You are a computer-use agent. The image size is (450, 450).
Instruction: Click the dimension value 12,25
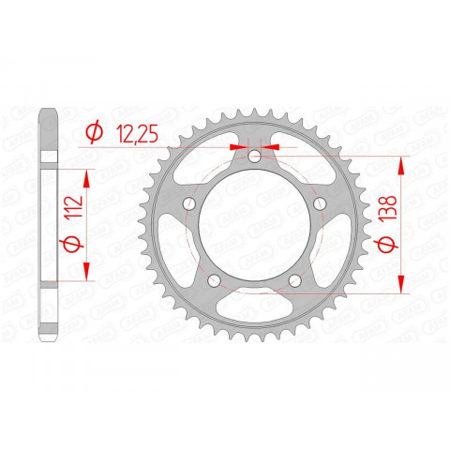pos(138,134)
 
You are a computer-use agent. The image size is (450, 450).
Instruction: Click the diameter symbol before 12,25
pos(93,134)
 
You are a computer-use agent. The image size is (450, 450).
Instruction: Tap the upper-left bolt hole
pos(189,204)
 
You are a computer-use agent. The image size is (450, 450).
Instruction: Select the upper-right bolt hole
pos(319,204)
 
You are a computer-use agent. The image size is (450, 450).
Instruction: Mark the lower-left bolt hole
pos(214,280)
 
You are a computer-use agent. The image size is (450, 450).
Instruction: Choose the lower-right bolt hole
pos(294,280)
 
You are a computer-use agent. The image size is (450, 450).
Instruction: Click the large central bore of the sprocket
pos(254,225)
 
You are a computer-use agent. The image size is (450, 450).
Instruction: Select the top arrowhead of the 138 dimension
pos(402,159)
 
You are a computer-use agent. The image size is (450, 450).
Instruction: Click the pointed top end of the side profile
pos(51,113)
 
